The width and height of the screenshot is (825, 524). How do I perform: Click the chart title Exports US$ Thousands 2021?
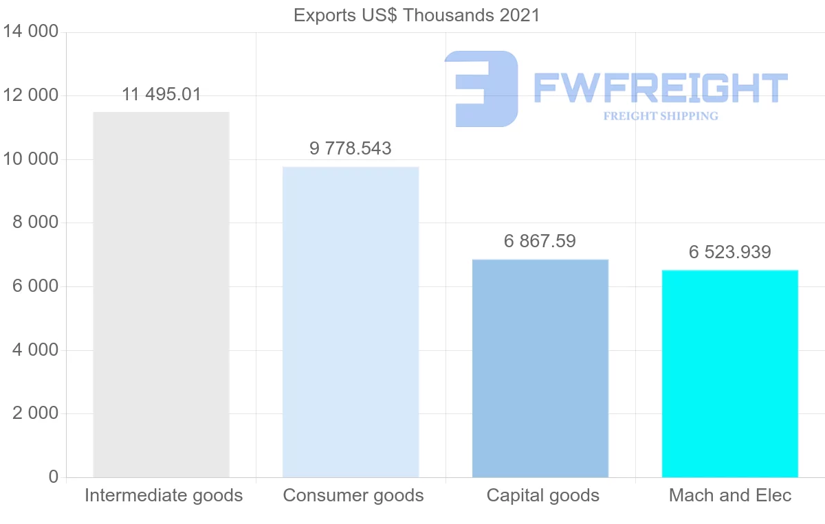pos(417,15)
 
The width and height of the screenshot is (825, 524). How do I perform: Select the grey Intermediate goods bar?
pos(161,295)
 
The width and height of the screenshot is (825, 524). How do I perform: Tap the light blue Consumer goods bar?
pos(351,322)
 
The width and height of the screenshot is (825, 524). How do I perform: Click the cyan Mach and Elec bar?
pos(730,374)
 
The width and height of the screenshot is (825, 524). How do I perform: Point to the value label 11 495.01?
pos(162,95)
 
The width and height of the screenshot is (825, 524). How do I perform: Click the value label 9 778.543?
pos(351,148)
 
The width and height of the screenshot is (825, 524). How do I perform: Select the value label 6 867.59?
pos(540,242)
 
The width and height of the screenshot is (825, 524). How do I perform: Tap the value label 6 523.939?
pos(730,253)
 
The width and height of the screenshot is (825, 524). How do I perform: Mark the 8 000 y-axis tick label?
pos(35,223)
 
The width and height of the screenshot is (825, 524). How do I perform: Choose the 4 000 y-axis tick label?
pos(35,350)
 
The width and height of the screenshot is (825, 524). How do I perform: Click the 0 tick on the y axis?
pos(54,477)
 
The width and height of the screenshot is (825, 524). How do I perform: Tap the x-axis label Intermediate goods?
pos(164,496)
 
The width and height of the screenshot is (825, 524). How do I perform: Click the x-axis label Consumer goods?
pos(353,496)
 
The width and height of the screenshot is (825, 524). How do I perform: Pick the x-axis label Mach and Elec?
pos(730,496)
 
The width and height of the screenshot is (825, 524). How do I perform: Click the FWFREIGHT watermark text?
pos(660,88)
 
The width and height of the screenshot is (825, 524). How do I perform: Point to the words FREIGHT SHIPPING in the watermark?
pos(661,116)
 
